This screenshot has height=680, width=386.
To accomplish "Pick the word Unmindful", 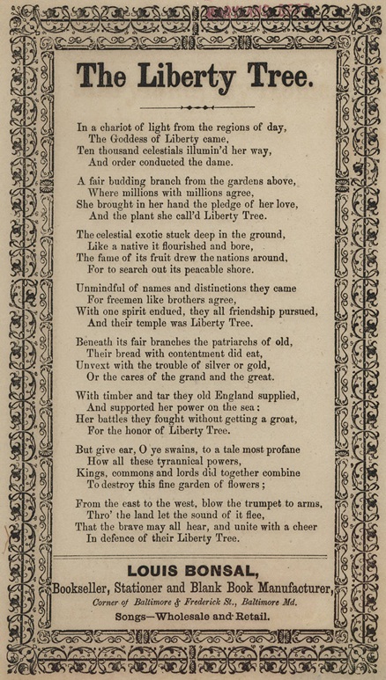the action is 107,288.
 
